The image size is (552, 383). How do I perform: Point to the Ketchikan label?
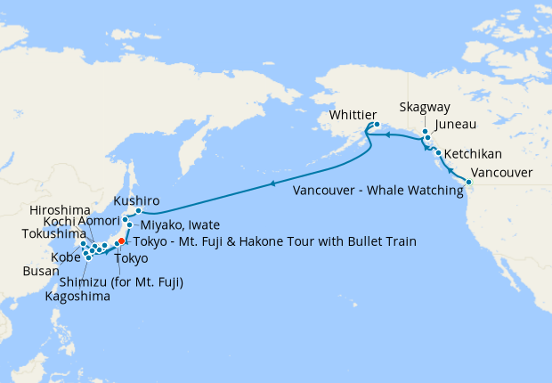click(x=473, y=153)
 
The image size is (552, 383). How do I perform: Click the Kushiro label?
click(x=136, y=201)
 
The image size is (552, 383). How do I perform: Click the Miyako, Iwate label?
click(x=180, y=225)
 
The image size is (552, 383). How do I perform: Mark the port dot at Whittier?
click(x=377, y=124)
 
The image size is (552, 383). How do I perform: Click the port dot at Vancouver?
click(x=469, y=182)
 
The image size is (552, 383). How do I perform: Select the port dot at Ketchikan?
click(x=438, y=153)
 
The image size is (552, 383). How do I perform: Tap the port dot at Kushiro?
click(x=139, y=211)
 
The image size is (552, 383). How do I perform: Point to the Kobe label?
click(x=65, y=257)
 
